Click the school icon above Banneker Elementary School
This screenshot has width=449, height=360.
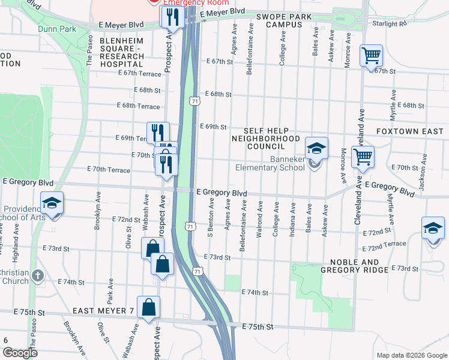click(316, 148)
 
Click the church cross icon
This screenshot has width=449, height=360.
click(37, 276)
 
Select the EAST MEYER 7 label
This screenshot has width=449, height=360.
click(103, 311)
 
